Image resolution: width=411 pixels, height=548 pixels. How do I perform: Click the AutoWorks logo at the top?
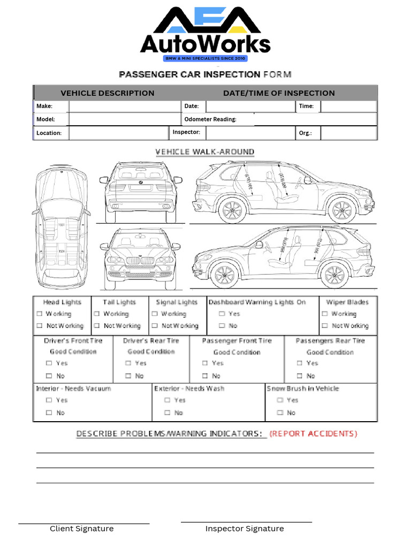coord(205,33)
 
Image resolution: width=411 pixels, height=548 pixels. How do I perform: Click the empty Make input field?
coord(124,106)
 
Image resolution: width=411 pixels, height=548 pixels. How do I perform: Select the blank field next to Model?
coord(124,119)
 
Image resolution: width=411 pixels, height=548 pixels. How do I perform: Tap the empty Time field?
coord(348,106)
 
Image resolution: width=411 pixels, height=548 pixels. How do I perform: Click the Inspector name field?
coord(249,132)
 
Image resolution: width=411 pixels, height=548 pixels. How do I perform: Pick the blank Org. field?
coord(348,133)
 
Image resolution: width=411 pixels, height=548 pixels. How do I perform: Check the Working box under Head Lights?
coord(39,314)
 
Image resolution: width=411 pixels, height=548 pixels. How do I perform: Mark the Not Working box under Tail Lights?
coord(97,326)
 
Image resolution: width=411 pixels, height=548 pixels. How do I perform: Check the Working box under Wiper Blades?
coord(325,314)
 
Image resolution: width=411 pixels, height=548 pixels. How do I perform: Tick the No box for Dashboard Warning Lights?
coord(222,326)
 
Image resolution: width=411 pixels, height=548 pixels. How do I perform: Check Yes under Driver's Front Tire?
coord(49,363)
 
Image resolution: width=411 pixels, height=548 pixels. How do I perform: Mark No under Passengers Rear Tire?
coord(300,376)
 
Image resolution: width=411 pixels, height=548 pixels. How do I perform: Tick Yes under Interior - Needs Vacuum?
coord(49,400)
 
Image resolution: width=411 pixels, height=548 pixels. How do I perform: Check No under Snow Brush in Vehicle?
coord(280,413)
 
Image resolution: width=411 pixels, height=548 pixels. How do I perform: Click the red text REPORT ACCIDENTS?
coord(313,433)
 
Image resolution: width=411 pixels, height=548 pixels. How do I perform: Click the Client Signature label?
coord(82,529)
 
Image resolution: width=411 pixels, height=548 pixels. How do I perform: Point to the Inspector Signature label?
coord(245,529)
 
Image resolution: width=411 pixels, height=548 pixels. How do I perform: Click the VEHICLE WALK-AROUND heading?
coord(205,152)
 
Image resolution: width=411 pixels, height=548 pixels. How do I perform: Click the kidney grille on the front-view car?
coord(140,261)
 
